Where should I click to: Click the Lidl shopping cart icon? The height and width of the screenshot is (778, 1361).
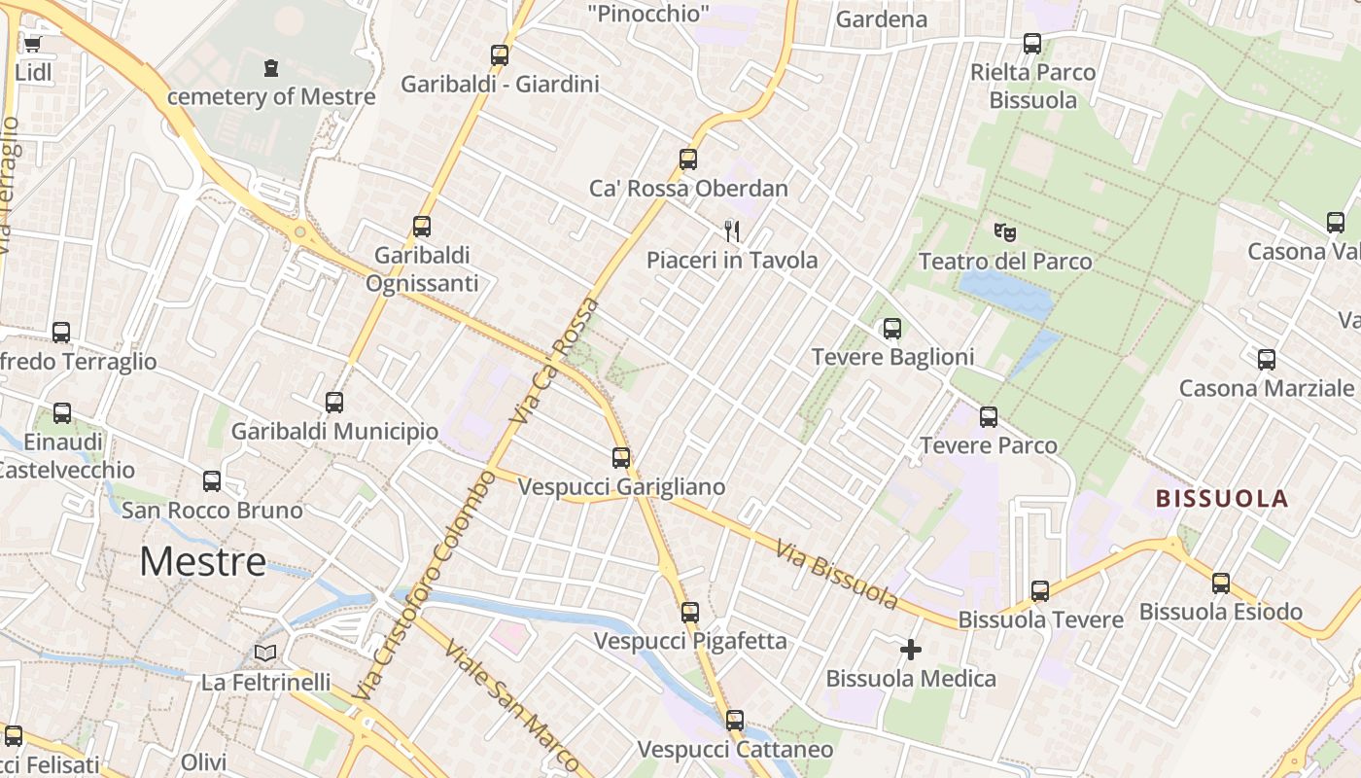32,44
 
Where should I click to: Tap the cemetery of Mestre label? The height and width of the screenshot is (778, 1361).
271,96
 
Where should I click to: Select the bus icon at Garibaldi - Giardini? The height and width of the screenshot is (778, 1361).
500,55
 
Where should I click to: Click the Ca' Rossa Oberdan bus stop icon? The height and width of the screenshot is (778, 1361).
688,159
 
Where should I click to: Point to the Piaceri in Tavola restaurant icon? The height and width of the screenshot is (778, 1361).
732,231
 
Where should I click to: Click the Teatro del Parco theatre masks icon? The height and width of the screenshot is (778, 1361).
1005,232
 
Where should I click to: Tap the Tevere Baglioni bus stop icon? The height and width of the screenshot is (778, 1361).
892,329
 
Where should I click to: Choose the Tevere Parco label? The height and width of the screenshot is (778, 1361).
988,445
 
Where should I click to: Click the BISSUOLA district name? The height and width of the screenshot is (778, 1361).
1221,499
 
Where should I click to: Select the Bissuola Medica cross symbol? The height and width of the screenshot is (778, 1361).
911,650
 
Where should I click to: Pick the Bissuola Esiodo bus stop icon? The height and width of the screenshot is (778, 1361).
1221,583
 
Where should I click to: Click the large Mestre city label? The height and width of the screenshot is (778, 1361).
202,561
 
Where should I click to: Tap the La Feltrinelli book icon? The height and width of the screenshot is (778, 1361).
265,653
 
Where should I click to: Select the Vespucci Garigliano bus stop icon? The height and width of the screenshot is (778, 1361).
621,457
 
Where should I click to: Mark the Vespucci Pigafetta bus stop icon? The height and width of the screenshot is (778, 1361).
690,613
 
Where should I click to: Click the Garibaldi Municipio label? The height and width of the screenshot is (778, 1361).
334,431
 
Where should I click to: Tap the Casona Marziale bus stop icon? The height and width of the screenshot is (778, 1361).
1267,360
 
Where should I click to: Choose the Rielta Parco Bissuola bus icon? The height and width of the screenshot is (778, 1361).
1032,44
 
